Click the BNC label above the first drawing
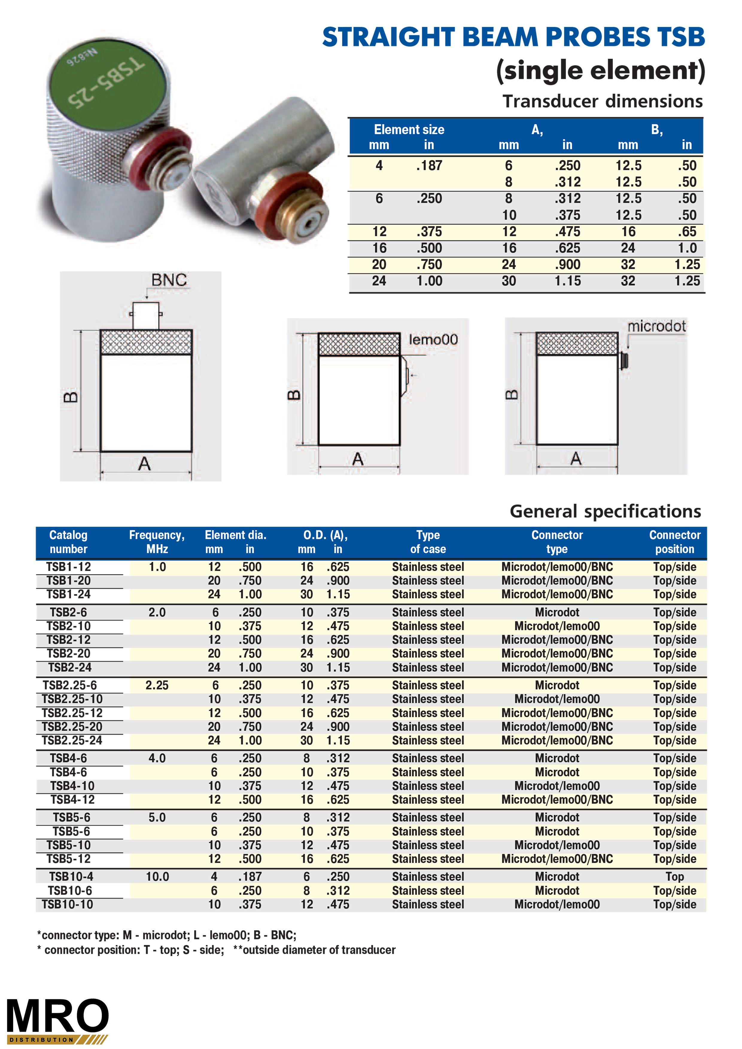(x=169, y=280)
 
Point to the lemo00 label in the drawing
(x=433, y=339)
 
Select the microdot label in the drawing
(x=656, y=326)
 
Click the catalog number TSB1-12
(x=69, y=567)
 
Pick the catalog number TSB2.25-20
(x=72, y=726)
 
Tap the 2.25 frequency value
(x=157, y=685)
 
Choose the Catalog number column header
(x=68, y=542)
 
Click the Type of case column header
(x=428, y=542)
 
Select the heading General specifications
(x=605, y=511)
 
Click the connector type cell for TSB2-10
(x=557, y=626)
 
